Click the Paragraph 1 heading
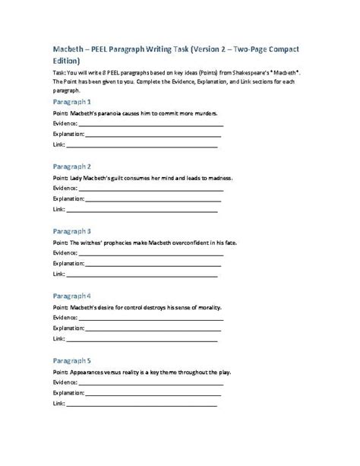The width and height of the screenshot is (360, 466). pos(72,101)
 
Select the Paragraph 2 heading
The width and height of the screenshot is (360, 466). pos(72,166)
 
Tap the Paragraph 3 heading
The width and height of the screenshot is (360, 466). pos(72,230)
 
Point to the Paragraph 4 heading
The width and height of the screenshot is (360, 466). pos(72,295)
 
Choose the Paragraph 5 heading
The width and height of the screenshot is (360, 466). pos(72,360)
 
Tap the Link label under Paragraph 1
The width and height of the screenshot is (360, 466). pos(58,144)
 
